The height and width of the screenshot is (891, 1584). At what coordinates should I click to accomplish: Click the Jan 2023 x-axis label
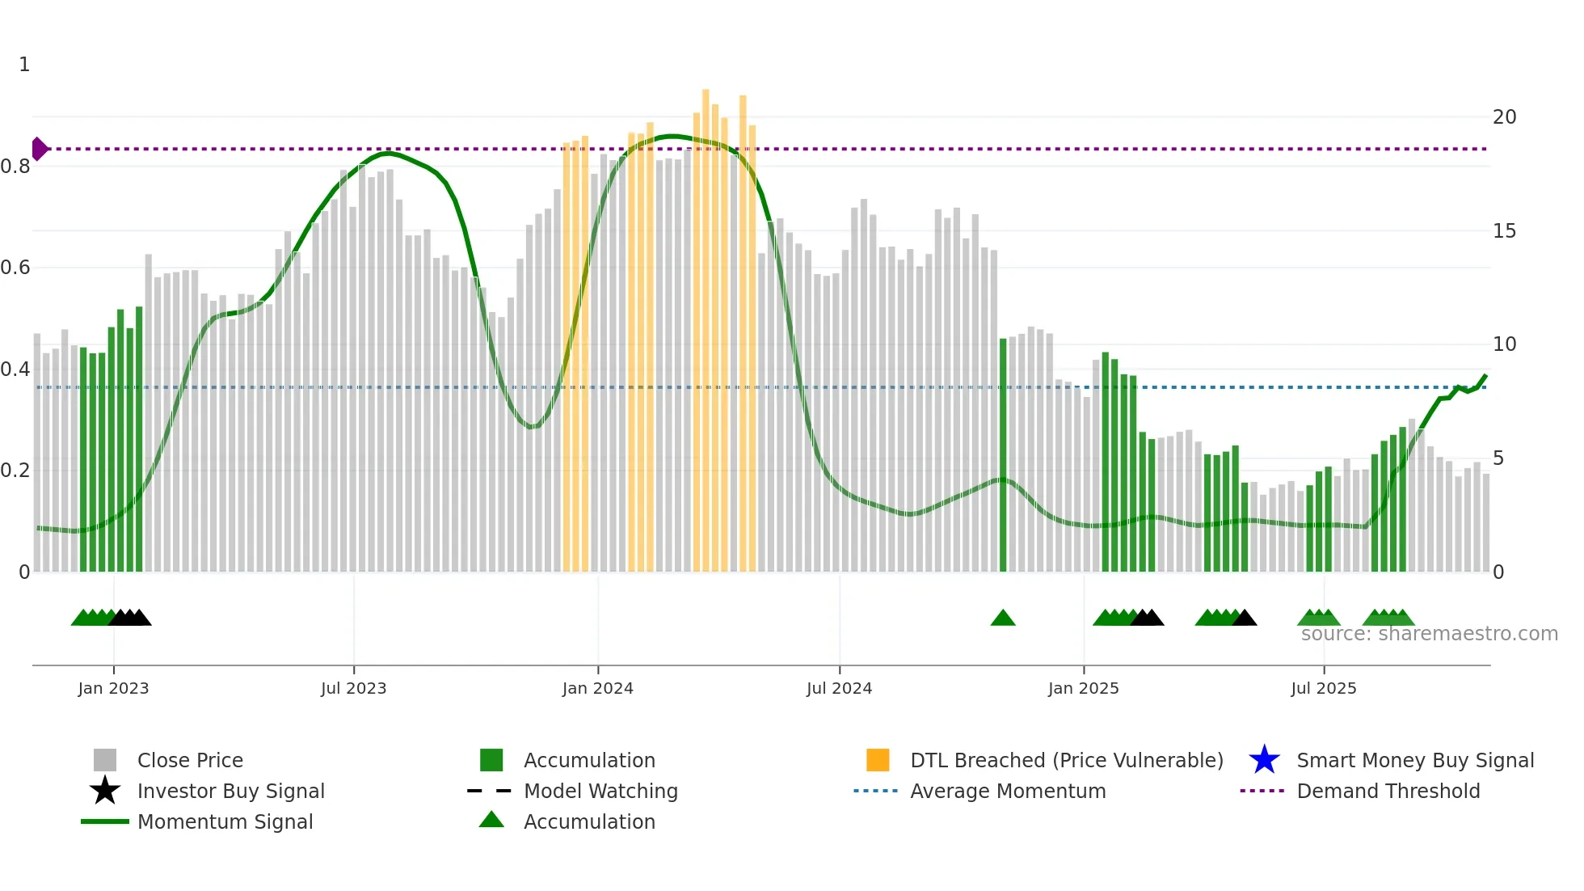(x=113, y=688)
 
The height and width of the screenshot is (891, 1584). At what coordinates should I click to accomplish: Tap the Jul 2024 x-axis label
(x=839, y=688)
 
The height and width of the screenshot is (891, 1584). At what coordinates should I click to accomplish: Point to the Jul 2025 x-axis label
(x=1323, y=688)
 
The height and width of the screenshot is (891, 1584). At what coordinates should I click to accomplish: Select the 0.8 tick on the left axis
(x=16, y=167)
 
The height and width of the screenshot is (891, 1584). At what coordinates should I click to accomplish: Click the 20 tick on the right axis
(x=1504, y=117)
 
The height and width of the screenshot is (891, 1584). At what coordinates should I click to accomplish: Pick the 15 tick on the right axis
(x=1504, y=231)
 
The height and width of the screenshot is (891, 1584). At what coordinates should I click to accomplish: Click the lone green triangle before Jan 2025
(x=1003, y=618)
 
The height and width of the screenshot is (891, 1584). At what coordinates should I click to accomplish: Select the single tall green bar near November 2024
(x=1003, y=453)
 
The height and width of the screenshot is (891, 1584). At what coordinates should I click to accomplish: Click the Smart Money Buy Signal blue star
(x=1264, y=760)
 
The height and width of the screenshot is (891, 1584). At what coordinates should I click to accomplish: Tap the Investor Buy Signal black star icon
(x=105, y=791)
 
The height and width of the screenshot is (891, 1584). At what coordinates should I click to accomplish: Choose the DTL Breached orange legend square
(x=878, y=760)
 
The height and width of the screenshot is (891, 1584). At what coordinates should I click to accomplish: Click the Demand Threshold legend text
(x=1388, y=791)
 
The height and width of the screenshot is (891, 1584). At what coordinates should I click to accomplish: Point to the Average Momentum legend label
(x=1008, y=791)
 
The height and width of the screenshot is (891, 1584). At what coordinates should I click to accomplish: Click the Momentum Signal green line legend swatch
(x=105, y=821)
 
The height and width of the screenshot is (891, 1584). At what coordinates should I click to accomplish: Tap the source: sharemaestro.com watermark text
(x=1429, y=634)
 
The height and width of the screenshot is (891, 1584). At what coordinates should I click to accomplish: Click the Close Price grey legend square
(x=105, y=760)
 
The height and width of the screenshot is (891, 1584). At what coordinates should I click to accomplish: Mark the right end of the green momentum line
(x=1485, y=376)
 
